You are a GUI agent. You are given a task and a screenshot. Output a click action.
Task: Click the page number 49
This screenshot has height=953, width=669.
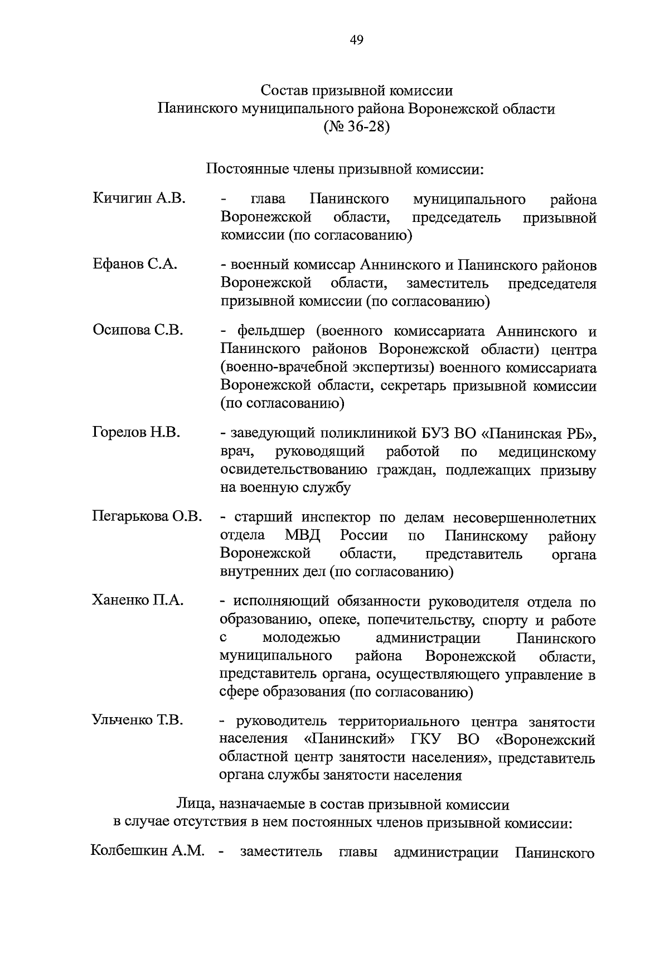tap(357, 39)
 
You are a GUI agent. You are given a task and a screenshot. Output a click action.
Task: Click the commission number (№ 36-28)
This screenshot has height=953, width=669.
tap(356, 127)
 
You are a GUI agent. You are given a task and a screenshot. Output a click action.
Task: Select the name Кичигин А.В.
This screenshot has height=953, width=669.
tap(139, 199)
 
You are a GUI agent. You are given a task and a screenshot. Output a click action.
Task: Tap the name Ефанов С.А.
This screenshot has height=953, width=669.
tap(135, 264)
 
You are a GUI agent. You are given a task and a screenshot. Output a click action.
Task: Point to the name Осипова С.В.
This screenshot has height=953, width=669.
tap(138, 330)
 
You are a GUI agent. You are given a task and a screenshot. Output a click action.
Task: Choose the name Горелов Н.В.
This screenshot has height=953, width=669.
tap(137, 432)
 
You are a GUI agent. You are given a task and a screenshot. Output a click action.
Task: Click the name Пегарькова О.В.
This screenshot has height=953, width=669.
tap(147, 517)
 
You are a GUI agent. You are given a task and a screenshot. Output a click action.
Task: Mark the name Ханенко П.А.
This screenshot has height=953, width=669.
tap(138, 601)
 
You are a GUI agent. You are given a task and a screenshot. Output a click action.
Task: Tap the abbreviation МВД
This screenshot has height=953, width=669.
tap(303, 536)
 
